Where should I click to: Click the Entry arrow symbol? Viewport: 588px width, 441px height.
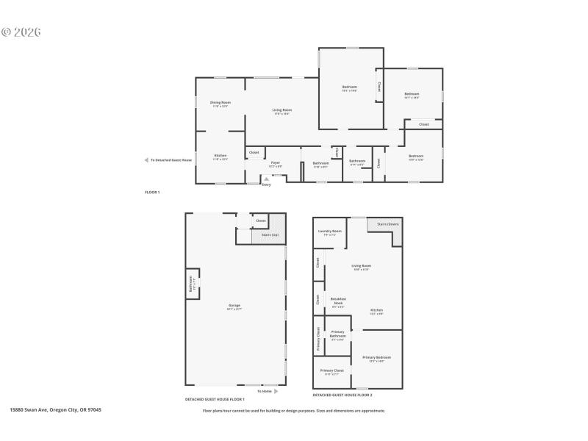(x=266, y=179)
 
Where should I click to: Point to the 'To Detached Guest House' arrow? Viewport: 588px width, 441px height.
(x=146, y=160)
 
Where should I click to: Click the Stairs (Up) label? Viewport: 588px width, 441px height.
(x=270, y=234)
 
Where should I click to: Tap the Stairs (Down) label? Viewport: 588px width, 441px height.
(x=387, y=223)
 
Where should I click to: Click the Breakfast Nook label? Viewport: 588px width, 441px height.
(x=338, y=300)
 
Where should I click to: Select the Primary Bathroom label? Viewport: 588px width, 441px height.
(x=337, y=333)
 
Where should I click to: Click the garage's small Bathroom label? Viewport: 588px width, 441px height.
(x=191, y=283)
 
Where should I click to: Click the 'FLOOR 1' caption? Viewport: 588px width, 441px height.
(x=152, y=192)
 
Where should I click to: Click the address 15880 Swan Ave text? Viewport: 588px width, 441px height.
(x=55, y=410)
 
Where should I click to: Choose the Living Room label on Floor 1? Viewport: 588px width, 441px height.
(x=282, y=111)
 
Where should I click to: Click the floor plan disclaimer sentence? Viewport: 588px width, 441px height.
(x=294, y=411)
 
